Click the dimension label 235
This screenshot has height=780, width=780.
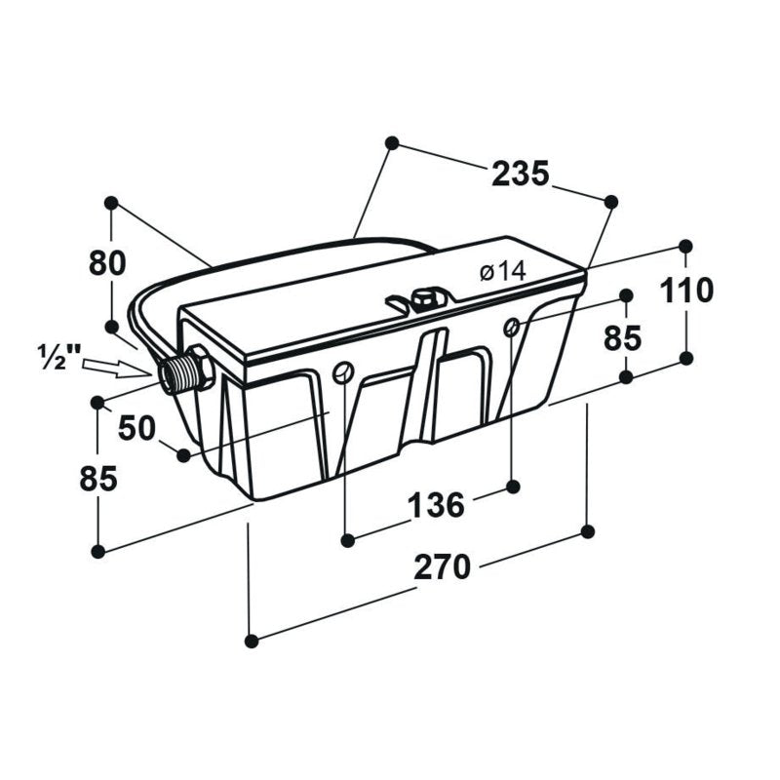(x=520, y=174)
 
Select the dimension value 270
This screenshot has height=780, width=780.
(x=442, y=567)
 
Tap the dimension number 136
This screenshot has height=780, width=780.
(x=436, y=505)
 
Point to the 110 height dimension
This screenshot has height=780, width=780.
(x=686, y=291)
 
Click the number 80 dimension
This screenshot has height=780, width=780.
(x=107, y=263)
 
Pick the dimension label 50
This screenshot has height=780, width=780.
(x=136, y=428)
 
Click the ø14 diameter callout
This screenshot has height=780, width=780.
(x=502, y=272)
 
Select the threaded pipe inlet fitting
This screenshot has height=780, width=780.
(x=185, y=370)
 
